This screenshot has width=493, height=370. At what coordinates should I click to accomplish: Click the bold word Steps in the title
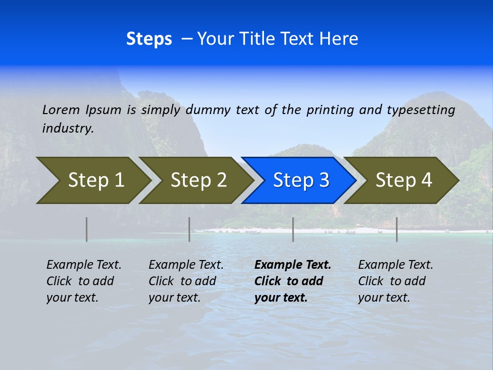coord(149,39)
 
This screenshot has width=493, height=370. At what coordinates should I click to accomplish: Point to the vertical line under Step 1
coord(86,229)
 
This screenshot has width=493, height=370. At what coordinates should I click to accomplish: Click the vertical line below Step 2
coord(189,229)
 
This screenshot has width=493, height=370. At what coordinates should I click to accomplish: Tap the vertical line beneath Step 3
coord(293,229)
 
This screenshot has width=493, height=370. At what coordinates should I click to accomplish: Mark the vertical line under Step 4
coord(396,229)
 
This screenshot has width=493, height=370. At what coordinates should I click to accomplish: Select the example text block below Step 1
coord(84,281)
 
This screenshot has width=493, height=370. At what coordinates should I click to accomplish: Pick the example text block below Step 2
coord(186,281)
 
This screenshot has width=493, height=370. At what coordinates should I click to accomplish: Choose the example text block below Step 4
coord(395,281)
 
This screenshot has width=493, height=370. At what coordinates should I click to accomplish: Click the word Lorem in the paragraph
coord(61,110)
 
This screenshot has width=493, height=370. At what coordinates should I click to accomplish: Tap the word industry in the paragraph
coord(68,128)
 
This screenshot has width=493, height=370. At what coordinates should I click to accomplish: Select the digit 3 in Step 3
coord(324,180)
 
